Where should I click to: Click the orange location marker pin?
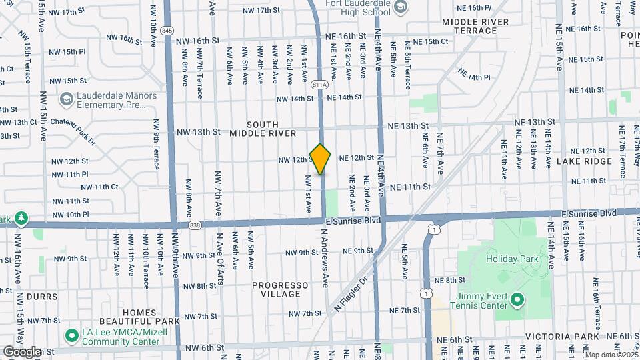coord(321,159)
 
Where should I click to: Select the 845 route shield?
coord(167,31)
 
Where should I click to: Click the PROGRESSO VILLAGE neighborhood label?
coord(280,290)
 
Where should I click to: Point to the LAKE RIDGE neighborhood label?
coord(583,161)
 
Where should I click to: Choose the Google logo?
coord(21,351)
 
